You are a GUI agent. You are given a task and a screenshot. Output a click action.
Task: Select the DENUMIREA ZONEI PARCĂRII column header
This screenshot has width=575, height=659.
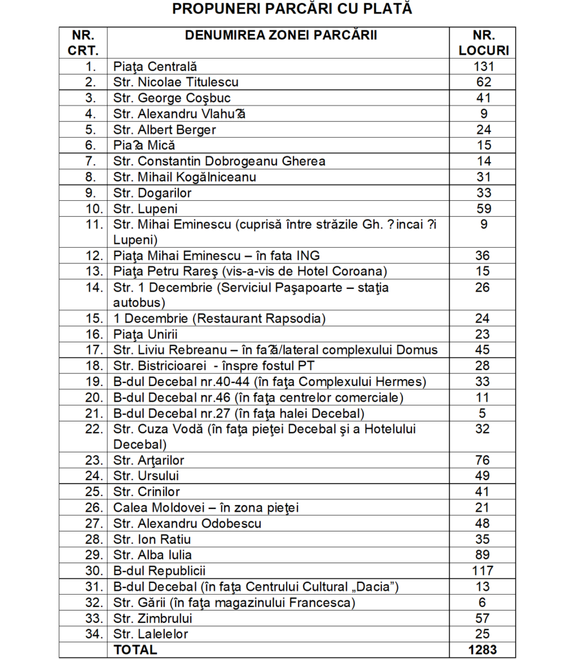point(281,35)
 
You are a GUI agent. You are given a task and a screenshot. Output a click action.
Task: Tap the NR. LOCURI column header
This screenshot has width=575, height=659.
point(482,42)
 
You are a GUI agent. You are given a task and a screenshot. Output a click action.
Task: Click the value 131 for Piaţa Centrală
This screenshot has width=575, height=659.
point(482,66)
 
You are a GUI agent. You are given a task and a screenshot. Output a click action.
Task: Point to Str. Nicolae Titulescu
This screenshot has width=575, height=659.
point(176,82)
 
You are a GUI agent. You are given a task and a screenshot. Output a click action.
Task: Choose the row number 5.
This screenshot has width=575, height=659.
point(91,129)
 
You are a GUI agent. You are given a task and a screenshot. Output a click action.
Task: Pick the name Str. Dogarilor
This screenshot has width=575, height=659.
point(153,192)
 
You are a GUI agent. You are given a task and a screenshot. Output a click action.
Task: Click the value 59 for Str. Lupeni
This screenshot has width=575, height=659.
point(482,209)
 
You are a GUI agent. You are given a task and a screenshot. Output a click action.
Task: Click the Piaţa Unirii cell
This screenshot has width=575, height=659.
point(146,334)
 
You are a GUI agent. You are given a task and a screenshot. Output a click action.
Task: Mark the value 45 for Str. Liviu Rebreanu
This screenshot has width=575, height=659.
point(482,350)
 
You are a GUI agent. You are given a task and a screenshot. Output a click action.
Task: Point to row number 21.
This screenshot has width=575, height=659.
point(90,413)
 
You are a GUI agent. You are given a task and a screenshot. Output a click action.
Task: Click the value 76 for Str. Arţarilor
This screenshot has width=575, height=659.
point(482,460)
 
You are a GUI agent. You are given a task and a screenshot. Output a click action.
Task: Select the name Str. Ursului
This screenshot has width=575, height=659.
point(146,476)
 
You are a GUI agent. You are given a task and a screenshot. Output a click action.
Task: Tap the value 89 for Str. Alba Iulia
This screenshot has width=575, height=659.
point(482,555)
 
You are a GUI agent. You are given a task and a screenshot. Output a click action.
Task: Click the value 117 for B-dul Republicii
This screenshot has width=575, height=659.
point(482,571)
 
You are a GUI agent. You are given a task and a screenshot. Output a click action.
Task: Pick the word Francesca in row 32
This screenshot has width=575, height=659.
point(323,602)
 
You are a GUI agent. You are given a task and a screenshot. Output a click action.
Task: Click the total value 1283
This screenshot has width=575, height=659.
point(482,650)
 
